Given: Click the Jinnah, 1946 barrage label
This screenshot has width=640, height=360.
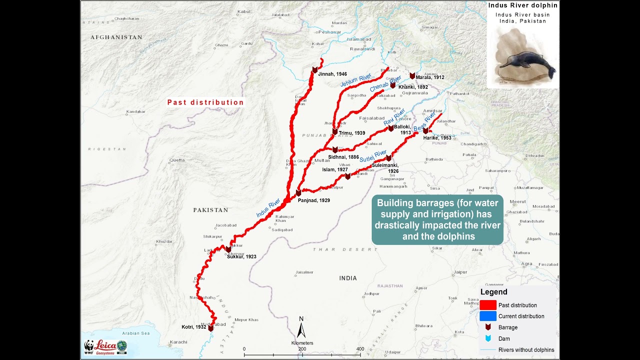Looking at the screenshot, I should (332, 74).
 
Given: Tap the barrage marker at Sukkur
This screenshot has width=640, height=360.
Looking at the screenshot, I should (228, 249).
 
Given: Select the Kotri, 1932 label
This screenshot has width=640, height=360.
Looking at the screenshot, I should (194, 327).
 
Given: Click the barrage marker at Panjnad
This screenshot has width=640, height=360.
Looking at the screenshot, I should (298, 193).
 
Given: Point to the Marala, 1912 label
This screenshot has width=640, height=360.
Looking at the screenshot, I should (429, 77).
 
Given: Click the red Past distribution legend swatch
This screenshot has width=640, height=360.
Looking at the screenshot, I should (488, 305).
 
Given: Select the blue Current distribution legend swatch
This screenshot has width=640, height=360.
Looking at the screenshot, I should (488, 316).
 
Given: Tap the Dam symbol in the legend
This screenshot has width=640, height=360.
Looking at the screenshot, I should (488, 338).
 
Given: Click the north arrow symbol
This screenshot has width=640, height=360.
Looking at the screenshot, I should (301, 330).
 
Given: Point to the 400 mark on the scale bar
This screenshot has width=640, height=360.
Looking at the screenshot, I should (360, 349).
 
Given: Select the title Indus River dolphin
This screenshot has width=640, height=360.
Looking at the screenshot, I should (522, 5).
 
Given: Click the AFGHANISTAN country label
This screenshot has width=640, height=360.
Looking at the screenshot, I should (116, 37).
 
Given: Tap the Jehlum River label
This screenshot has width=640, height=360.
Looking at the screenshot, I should (356, 80).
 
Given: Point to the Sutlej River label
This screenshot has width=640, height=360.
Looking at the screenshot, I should (373, 156).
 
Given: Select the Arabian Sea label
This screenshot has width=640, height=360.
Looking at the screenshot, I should (135, 333).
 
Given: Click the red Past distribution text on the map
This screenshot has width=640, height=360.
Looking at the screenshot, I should (205, 102).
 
